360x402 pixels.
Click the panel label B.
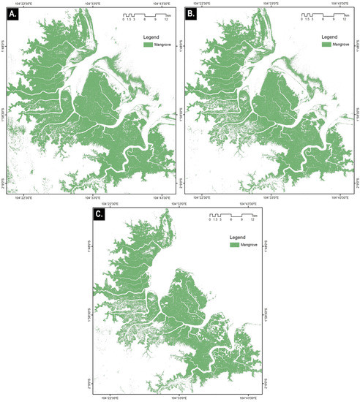click(192, 13)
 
